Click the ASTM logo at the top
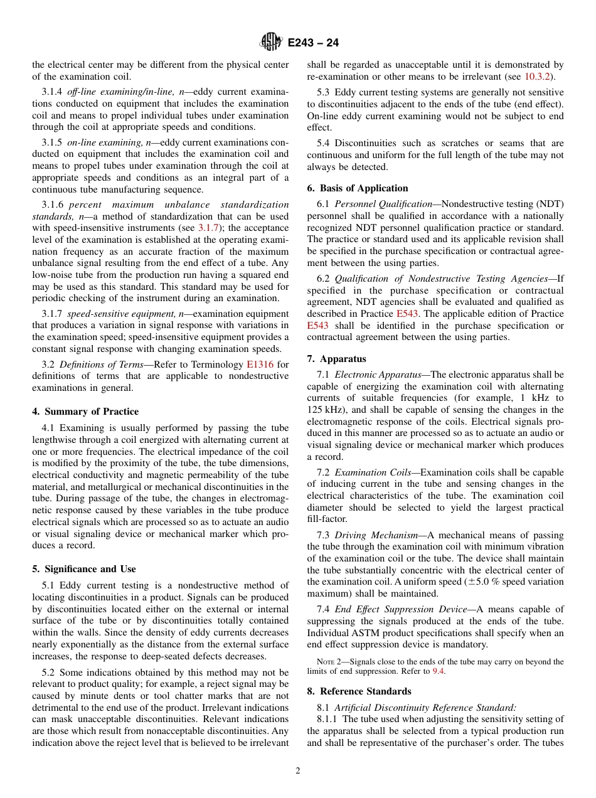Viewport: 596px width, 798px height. (271, 42)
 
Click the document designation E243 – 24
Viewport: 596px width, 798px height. (313, 43)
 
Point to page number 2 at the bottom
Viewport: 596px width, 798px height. (298, 771)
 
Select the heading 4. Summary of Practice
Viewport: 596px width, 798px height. (85, 412)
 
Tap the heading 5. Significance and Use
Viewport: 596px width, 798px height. (83, 569)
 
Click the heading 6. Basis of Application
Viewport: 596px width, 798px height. (358, 188)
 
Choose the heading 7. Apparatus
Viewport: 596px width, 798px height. (336, 359)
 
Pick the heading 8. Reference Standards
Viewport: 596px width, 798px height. (359, 691)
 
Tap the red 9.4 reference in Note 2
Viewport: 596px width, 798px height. (439, 671)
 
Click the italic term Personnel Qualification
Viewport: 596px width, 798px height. (383, 204)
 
